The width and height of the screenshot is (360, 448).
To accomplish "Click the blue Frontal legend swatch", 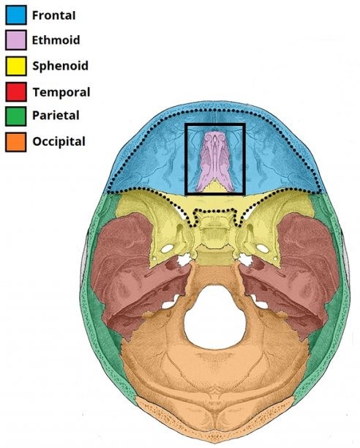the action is coord(16,15).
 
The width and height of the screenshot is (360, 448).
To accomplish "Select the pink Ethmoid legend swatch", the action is coord(16,40).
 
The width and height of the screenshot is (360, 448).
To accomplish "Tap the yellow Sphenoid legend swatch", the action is coord(16,66).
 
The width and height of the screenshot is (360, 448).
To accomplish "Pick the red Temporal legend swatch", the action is coord(16,92).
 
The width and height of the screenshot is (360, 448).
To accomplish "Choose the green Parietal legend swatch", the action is coord(16,116).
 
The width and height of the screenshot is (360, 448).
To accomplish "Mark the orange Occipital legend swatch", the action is coord(16,142).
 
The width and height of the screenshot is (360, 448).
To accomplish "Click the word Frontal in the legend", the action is coord(53,15).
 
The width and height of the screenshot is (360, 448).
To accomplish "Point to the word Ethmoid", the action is coord(56,40).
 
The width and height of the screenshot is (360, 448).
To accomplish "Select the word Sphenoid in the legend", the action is coord(60,66).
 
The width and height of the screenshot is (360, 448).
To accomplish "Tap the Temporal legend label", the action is coord(61,92).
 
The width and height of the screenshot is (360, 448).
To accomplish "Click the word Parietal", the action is coord(56,116).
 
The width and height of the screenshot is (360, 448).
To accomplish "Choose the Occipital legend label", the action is coord(59,142).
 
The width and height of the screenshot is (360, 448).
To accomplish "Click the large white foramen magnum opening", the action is coord(214,317).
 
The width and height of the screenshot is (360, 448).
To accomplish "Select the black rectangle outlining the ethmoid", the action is coord(185,160).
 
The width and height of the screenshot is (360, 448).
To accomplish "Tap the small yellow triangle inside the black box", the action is coord(214,186).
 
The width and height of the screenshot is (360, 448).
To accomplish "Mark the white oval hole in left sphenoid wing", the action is coord(167,248).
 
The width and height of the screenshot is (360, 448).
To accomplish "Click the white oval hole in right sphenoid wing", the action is coord(263,248).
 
